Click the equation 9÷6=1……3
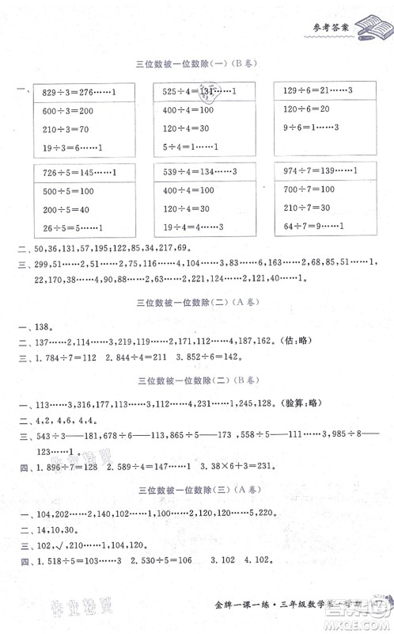click(x=311, y=128)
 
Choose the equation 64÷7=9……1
click(x=313, y=227)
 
